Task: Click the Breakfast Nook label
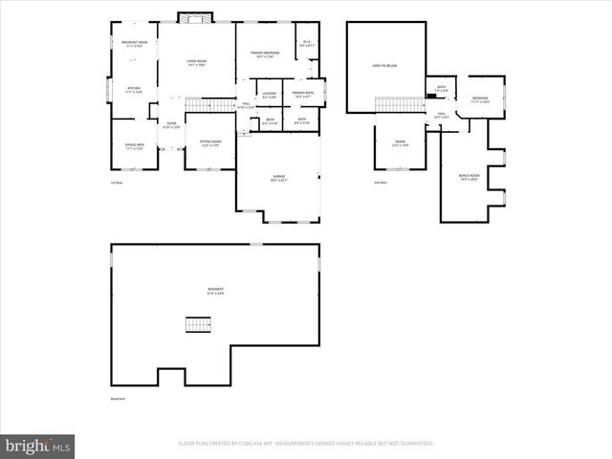point(134,44)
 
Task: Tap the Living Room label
point(196,63)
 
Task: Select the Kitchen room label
point(134,90)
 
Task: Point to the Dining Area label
point(134,146)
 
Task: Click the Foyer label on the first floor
point(171,124)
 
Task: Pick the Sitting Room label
point(210,142)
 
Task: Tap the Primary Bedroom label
point(264,55)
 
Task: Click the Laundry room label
point(269,96)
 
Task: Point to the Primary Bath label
point(303,95)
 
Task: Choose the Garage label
point(279,179)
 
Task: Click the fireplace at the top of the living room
point(196,19)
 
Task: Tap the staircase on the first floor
point(210,104)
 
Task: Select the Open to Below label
point(383,66)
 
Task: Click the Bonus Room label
point(469,177)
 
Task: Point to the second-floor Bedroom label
point(480,99)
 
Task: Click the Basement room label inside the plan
point(216,292)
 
